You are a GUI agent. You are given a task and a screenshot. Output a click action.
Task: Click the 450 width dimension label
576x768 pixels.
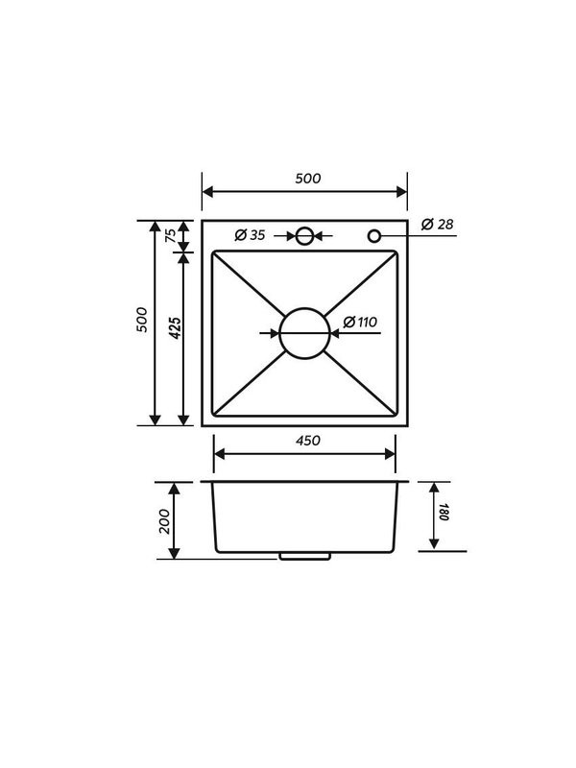(x=308, y=441)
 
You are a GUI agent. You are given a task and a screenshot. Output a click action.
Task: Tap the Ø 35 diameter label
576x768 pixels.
(x=250, y=235)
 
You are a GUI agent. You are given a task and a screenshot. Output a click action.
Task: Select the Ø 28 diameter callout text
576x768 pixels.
(x=438, y=225)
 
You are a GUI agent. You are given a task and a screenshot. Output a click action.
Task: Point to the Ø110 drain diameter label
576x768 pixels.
(x=360, y=323)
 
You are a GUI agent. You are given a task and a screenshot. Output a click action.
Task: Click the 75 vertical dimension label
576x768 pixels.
(x=171, y=235)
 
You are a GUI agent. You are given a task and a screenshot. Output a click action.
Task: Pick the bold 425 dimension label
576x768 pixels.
(x=175, y=328)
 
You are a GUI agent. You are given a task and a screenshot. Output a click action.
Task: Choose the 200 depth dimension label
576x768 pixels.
(x=164, y=521)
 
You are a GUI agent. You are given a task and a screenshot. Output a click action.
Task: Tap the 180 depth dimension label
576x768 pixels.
(x=444, y=512)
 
